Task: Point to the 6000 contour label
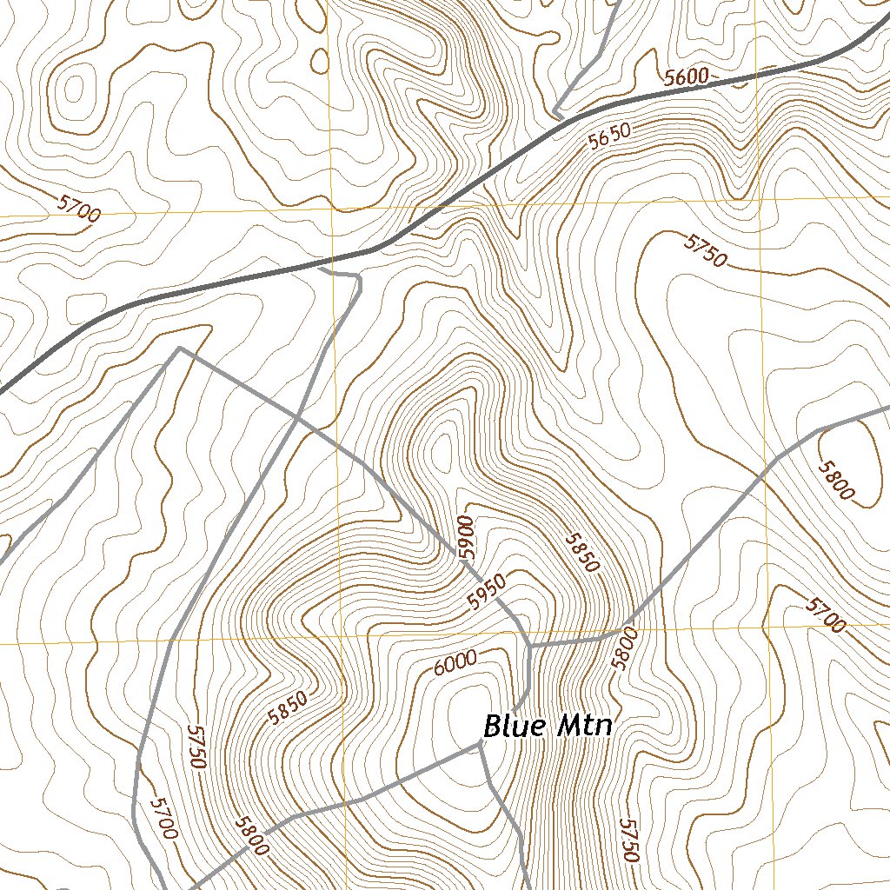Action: click(455, 663)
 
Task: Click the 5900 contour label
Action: click(467, 536)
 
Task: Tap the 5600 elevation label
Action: click(686, 77)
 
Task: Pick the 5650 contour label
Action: click(608, 136)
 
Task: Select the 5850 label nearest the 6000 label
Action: click(288, 707)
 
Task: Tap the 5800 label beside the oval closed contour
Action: click(835, 479)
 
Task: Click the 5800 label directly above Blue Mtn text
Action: click(624, 648)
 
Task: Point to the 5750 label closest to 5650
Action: click(704, 250)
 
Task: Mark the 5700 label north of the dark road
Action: click(79, 209)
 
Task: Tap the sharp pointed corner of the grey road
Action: click(179, 349)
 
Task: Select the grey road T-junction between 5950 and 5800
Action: click(529, 647)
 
